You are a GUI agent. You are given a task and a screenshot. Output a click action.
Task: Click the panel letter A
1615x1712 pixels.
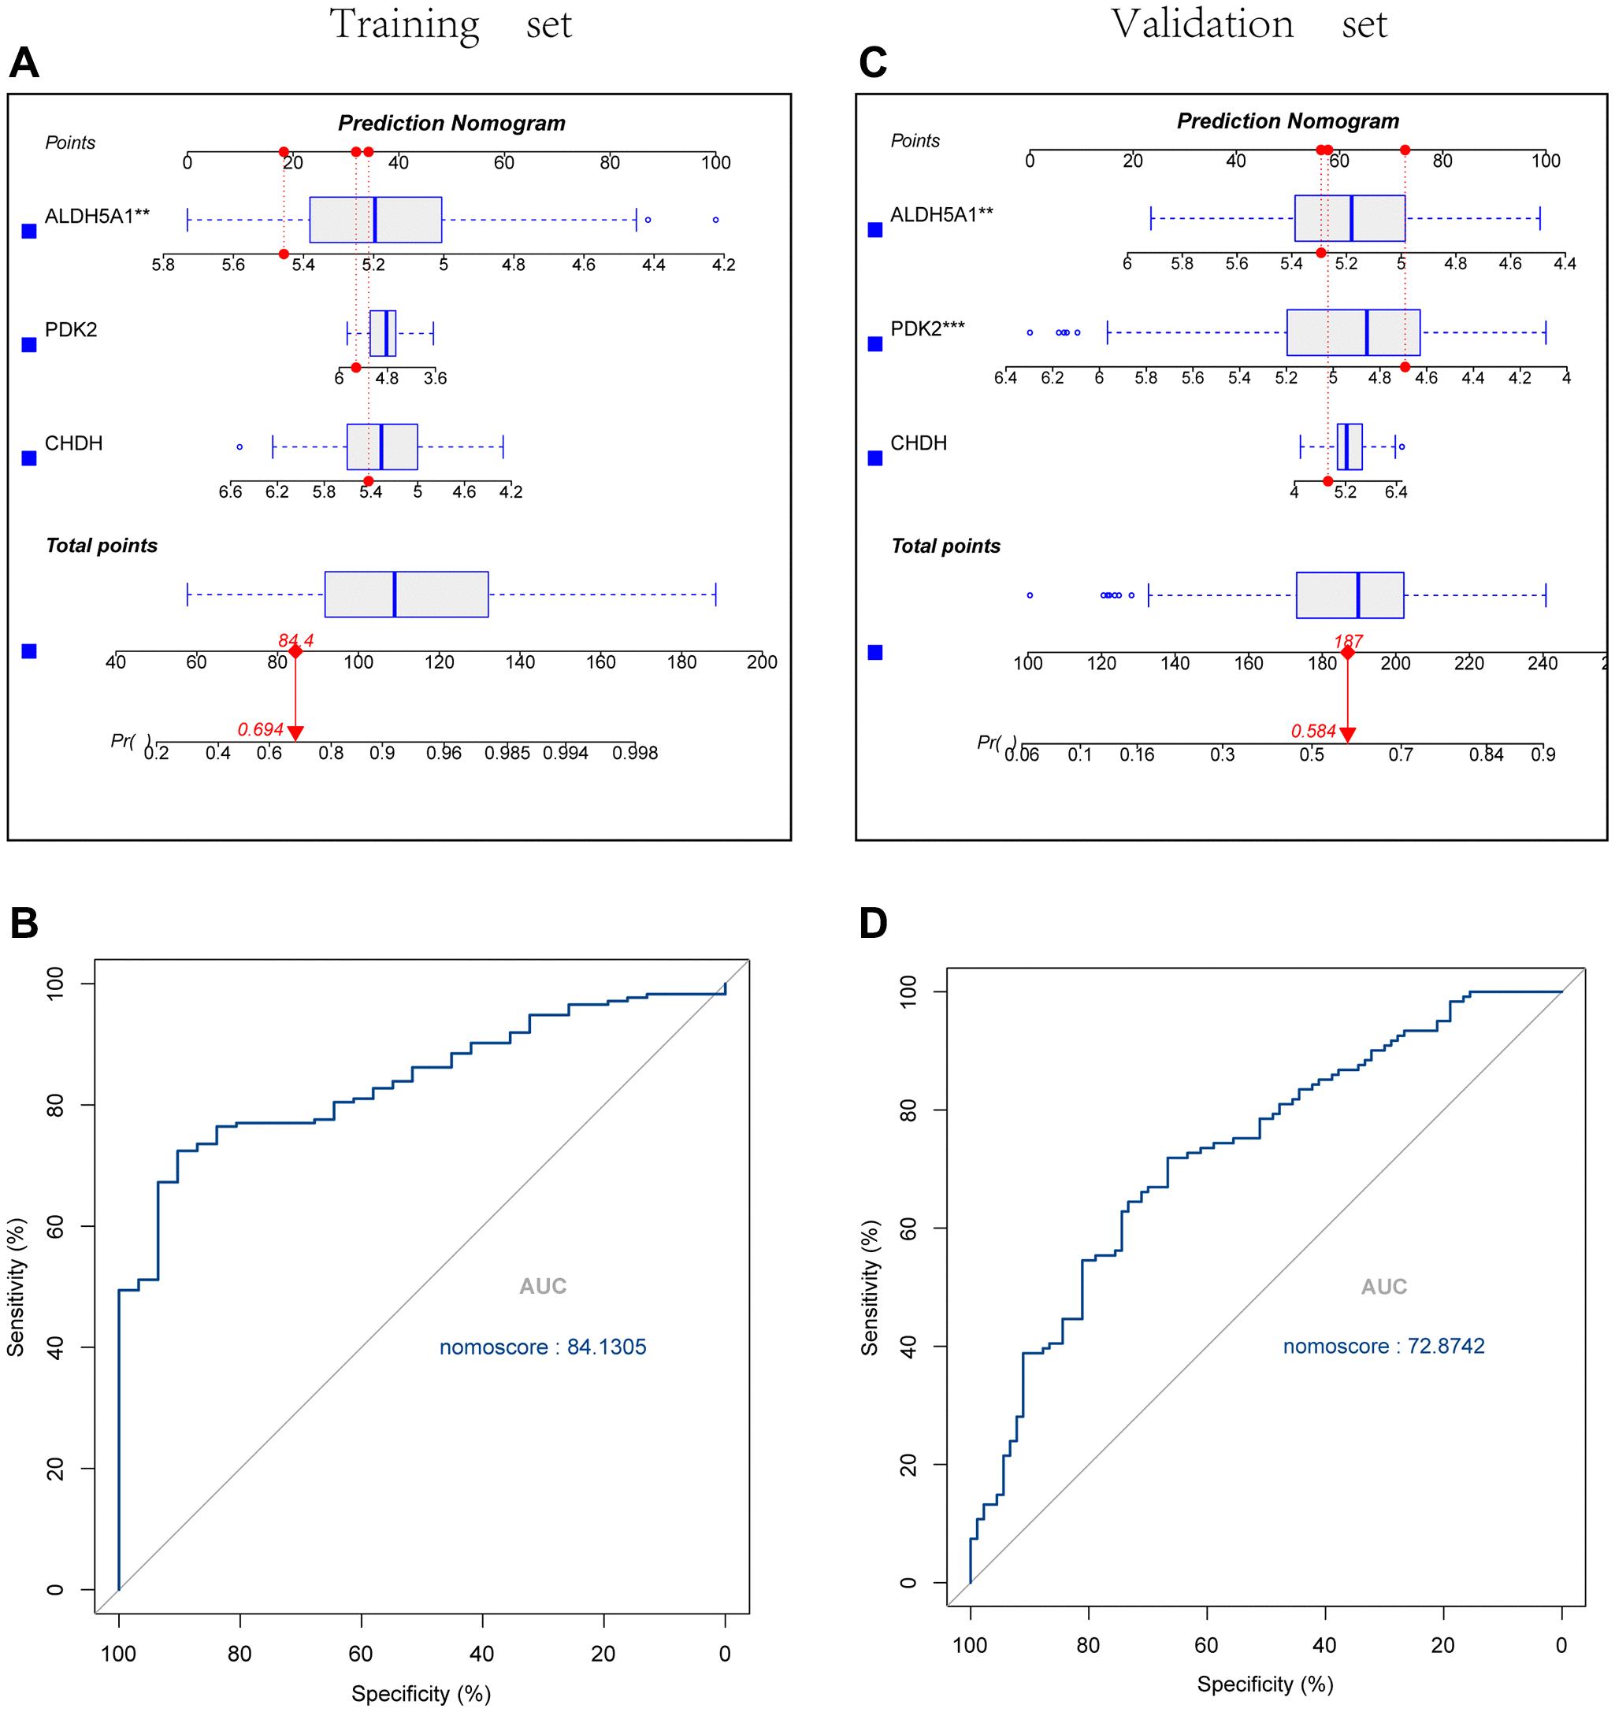tap(24, 63)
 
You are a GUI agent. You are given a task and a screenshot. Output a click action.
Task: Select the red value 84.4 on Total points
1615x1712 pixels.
tap(295, 641)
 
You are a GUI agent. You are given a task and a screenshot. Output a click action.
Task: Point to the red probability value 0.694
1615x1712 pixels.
tap(260, 729)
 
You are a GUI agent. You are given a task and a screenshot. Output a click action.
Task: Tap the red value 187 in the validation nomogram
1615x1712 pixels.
tap(1348, 642)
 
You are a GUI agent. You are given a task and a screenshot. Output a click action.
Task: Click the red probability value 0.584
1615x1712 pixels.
tap(1312, 731)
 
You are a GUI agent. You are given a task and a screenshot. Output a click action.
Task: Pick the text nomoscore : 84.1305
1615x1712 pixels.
tap(543, 1347)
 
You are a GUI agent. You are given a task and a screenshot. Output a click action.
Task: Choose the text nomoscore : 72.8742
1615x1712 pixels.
tap(1383, 1346)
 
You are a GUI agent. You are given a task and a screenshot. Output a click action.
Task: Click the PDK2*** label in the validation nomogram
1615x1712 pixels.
tap(926, 328)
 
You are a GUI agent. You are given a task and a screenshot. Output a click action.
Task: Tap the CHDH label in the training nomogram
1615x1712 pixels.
tap(73, 443)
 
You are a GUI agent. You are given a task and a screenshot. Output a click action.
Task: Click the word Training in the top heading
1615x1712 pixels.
tap(404, 24)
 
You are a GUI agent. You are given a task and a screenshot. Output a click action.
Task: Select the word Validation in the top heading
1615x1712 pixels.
tap(1201, 24)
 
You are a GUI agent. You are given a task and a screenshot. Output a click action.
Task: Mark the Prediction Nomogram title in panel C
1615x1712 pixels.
tap(1288, 121)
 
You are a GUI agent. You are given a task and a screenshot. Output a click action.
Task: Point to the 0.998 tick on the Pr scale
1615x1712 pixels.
tap(635, 753)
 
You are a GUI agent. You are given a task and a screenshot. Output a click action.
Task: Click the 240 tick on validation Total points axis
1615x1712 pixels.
tap(1542, 663)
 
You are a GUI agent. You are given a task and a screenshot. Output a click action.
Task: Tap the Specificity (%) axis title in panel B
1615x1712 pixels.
tap(421, 1694)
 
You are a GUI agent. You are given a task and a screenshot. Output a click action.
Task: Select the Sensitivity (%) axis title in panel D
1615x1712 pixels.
tap(870, 1287)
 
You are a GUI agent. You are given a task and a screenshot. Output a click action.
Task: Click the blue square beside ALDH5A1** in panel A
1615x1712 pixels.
tap(29, 231)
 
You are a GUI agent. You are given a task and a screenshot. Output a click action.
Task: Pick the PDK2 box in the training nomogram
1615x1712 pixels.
tap(382, 333)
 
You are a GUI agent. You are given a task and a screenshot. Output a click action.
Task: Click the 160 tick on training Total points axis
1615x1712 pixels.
tap(600, 661)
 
